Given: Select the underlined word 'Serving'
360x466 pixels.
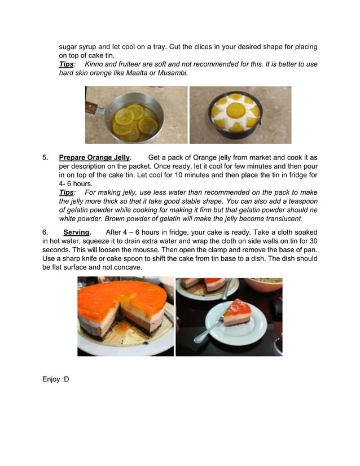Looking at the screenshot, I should [x=77, y=232].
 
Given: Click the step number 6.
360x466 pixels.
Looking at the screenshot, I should [x=45, y=232].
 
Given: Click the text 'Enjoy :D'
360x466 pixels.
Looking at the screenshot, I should [x=55, y=379].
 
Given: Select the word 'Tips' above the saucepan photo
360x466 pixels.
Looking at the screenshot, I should [x=66, y=64].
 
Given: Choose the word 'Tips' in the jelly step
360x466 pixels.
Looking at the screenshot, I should [x=66, y=192].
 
